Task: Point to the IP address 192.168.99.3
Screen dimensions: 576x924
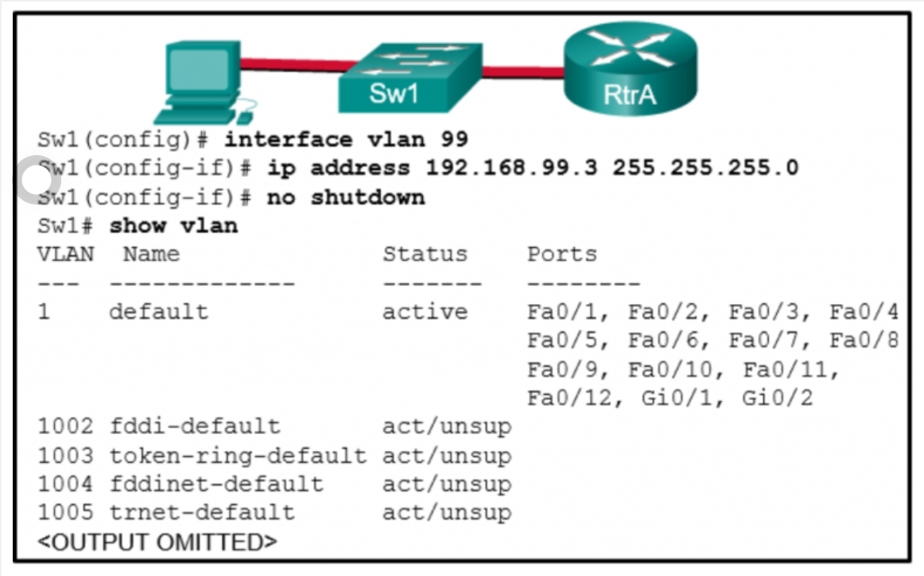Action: point(511,168)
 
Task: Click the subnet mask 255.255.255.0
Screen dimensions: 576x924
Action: point(705,168)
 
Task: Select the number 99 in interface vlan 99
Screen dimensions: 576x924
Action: point(453,140)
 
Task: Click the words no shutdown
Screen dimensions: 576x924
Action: point(345,197)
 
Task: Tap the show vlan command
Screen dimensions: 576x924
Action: point(173,225)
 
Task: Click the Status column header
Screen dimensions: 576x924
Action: point(425,254)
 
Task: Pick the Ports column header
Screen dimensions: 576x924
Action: point(561,254)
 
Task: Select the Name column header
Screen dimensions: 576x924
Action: point(151,254)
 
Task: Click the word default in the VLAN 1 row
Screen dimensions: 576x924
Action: point(158,311)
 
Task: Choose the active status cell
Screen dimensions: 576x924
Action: point(425,311)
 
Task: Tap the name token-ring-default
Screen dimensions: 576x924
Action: point(238,456)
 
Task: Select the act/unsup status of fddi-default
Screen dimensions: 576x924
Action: point(446,427)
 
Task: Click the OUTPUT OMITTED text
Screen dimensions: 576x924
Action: point(157,543)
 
